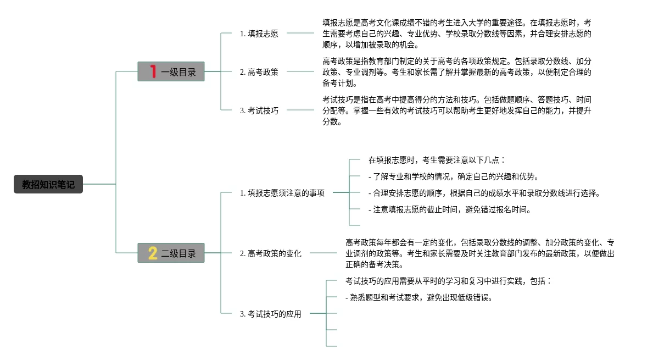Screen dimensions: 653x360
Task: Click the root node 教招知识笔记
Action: pos(48,184)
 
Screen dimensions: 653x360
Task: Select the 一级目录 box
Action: pos(171,71)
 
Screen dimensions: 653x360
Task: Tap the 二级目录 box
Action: pos(171,253)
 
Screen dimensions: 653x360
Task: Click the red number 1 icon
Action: pos(153,71)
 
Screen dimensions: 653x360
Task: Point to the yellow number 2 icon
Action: pos(153,253)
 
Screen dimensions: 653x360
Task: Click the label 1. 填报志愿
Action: pos(259,34)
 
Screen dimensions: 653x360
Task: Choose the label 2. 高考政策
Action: pos(259,72)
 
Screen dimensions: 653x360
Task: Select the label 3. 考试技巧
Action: pos(259,110)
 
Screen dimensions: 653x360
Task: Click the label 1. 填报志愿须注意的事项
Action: pos(282,193)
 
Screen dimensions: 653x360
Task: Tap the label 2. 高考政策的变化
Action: pos(270,253)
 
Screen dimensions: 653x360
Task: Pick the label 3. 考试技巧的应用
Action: pos(270,314)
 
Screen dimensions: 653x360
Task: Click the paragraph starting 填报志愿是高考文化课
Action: pos(456,34)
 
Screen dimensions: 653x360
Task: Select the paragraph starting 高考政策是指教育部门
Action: pos(456,72)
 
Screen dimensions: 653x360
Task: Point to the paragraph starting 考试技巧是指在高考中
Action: pos(456,110)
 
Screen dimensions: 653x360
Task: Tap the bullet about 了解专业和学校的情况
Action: pos(453,176)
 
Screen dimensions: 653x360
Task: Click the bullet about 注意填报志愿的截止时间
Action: pos(450,209)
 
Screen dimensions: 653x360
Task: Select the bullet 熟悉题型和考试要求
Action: pos(418,297)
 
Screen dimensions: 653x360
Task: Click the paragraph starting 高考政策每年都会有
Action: pos(479,253)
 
